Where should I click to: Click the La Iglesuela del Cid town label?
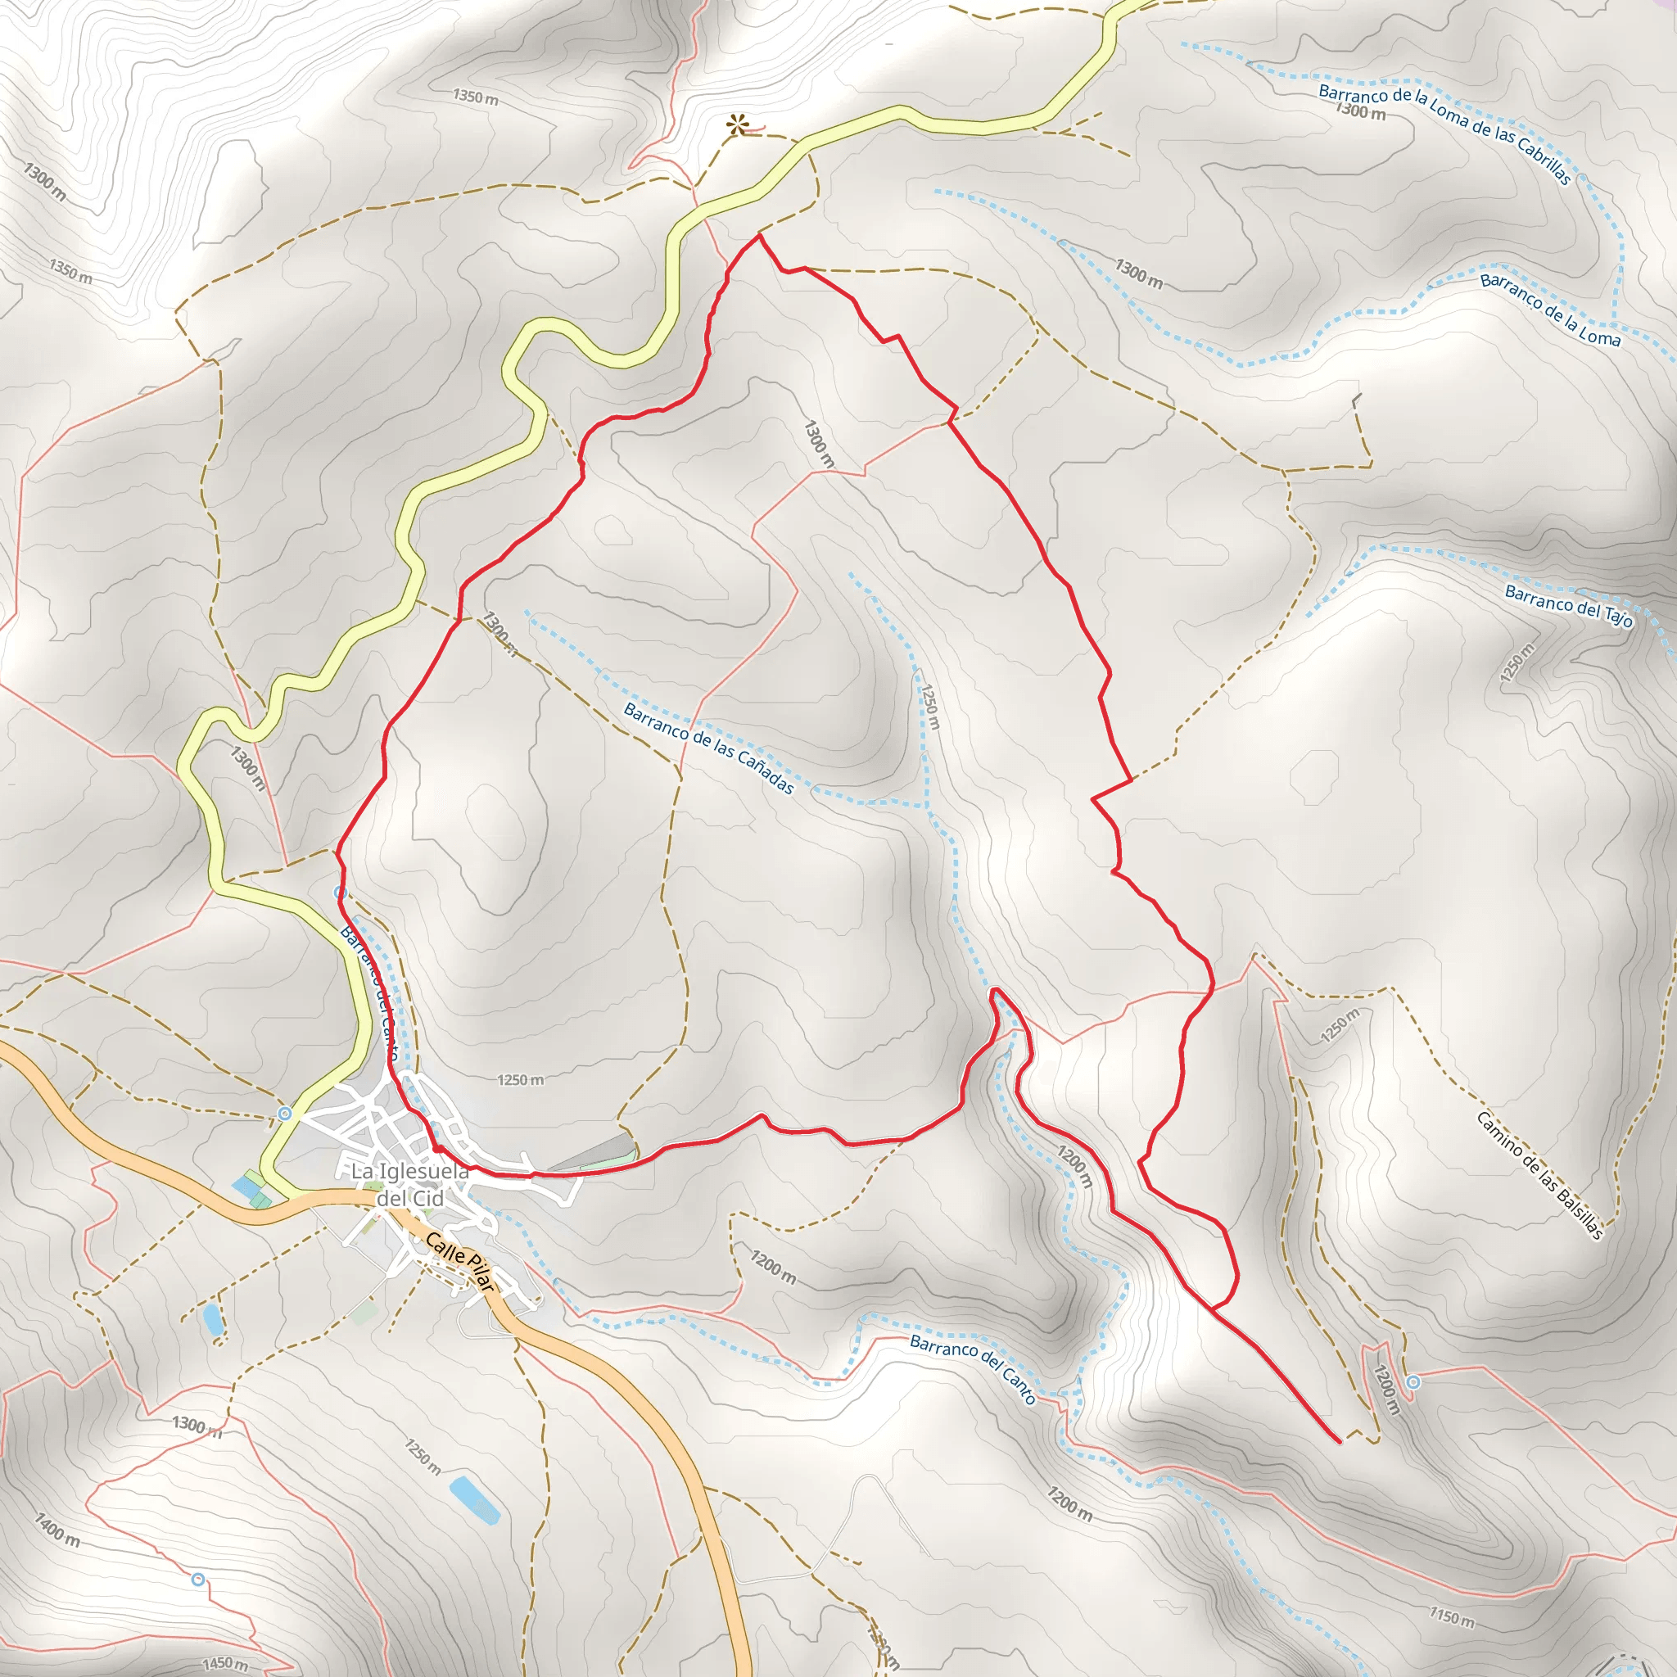409,1185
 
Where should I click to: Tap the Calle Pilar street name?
459,1261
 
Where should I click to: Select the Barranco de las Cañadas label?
708,748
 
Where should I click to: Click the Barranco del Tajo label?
1568,606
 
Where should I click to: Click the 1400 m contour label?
57,1530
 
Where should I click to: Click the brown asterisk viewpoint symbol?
738,124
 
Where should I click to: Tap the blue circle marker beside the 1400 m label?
198,1579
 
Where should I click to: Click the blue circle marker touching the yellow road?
284,1113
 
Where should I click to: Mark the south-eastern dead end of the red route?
1340,1441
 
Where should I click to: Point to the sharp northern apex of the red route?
760,235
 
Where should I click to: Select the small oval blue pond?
212,1318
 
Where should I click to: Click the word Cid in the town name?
427,1199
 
